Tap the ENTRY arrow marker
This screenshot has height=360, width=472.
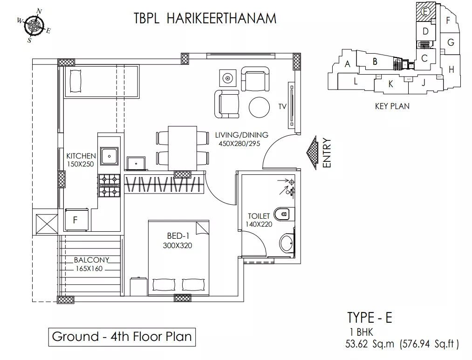click(312, 152)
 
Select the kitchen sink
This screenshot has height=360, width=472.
click(109, 156)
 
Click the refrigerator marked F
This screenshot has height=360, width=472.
click(77, 220)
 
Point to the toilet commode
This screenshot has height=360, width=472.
click(282, 215)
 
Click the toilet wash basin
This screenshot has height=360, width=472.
click(287, 243)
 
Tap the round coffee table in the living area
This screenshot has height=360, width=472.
click(259, 107)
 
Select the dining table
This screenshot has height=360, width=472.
click(183, 148)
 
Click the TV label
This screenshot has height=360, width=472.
click(282, 106)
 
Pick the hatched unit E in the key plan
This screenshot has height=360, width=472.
click(425, 12)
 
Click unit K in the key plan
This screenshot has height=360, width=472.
click(391, 84)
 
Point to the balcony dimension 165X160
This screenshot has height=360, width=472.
click(89, 269)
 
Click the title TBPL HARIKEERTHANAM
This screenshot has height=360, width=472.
click(205, 18)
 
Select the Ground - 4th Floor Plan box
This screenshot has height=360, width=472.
click(122, 337)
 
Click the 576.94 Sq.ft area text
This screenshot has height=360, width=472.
click(429, 344)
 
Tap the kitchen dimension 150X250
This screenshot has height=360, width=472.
click(80, 164)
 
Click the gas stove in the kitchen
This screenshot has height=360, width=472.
click(109, 186)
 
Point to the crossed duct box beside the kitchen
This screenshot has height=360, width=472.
click(47, 224)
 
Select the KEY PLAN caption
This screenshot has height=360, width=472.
click(392, 106)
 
